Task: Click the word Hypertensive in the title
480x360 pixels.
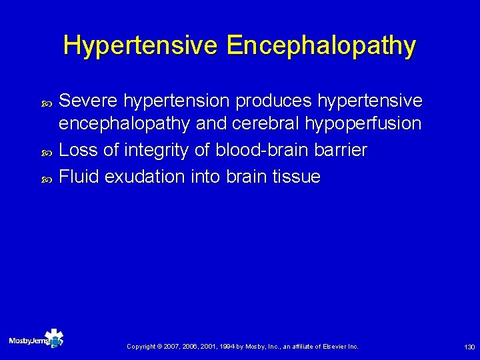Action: pos(141,46)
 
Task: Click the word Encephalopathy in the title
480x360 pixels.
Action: pos(321,46)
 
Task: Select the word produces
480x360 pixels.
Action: pos(275,101)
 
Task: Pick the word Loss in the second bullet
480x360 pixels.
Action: pos(77,151)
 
